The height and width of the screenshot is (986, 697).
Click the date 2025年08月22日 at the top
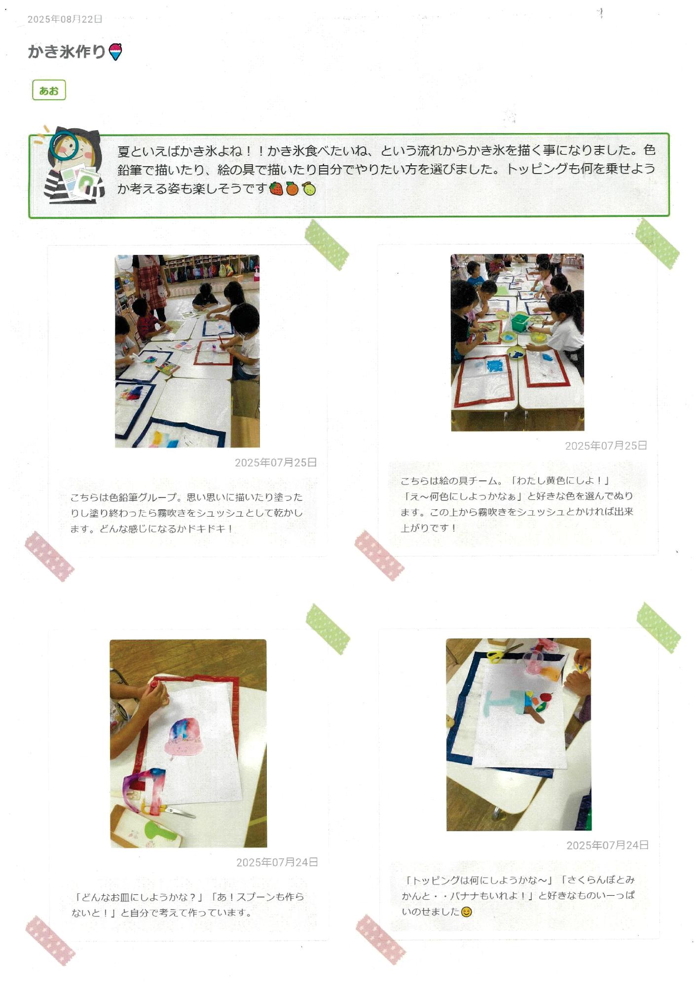click(x=65, y=19)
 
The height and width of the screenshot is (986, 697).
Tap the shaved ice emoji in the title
click(x=115, y=51)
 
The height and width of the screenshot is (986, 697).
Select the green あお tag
click(x=49, y=91)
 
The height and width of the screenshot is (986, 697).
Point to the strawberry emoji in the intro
click(x=276, y=188)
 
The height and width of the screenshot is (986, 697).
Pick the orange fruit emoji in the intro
click(x=293, y=188)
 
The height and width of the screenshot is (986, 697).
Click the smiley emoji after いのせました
click(x=466, y=912)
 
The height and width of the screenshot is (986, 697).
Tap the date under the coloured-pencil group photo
click(x=275, y=462)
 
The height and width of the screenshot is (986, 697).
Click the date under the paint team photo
click(x=606, y=446)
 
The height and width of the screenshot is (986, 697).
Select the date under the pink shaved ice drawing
click(x=277, y=862)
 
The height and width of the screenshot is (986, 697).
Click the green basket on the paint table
click(x=520, y=322)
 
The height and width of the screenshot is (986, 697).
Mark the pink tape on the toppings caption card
click(x=380, y=939)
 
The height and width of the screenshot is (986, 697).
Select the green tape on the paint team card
click(x=657, y=244)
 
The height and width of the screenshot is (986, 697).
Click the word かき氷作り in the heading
click(x=67, y=51)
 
